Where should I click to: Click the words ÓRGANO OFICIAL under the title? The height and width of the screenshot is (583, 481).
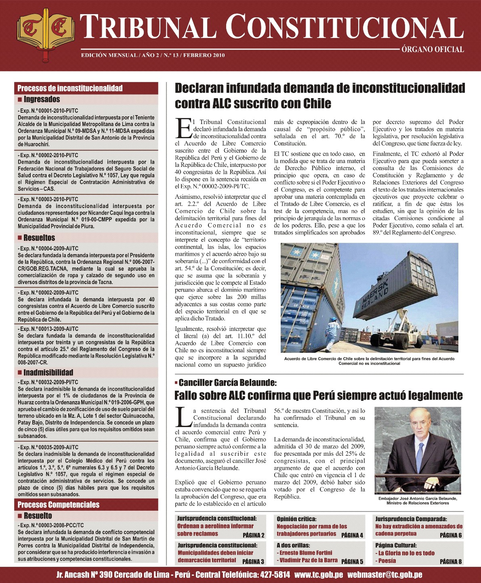433,50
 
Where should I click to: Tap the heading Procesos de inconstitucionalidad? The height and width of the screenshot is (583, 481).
70,88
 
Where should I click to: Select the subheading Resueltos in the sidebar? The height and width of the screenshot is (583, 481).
39,238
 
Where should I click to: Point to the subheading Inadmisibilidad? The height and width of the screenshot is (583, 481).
48,373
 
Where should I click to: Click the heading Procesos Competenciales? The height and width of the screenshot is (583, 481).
58,505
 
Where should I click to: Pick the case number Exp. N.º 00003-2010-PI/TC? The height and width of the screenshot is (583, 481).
48,199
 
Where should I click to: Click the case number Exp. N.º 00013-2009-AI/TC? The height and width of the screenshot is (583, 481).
48,329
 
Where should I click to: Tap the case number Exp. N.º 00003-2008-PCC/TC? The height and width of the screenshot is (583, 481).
50,525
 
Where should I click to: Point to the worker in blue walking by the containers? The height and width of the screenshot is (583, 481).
333,333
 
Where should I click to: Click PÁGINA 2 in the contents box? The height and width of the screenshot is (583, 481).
253,535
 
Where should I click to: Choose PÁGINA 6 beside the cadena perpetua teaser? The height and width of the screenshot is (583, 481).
451,535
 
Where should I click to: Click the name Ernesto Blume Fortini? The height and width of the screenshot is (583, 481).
306,553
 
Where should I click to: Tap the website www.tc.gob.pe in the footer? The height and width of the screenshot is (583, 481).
319,575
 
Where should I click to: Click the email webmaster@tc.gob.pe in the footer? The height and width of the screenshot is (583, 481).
385,575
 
